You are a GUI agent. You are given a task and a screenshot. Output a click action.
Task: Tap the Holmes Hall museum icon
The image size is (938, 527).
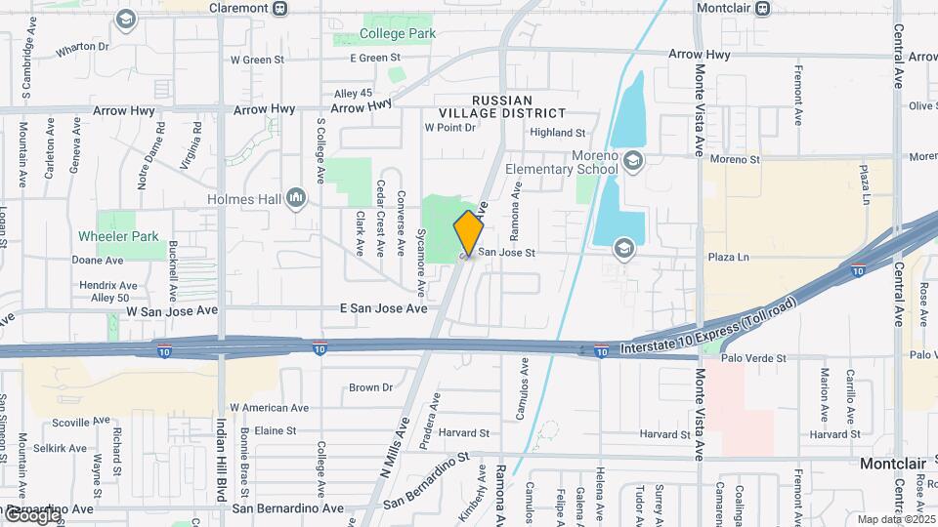click(296, 200)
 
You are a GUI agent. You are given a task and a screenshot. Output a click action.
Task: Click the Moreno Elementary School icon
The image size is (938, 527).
click(632, 160)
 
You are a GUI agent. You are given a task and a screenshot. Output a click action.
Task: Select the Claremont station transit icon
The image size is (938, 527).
click(280, 8)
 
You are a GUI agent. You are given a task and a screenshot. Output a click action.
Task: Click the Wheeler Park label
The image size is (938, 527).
click(117, 236)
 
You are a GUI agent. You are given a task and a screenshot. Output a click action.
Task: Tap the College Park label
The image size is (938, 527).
click(397, 33)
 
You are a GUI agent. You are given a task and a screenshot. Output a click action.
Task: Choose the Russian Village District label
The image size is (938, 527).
click(502, 107)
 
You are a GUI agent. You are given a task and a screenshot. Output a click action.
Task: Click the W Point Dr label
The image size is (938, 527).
click(448, 128)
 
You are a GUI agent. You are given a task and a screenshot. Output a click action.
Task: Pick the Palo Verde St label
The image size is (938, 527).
click(752, 359)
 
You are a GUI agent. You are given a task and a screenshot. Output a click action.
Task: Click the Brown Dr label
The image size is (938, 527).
click(370, 387)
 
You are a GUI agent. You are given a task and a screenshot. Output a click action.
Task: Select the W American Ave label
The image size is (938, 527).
click(269, 408)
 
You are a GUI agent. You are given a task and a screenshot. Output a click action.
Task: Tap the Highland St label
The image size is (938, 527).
click(557, 133)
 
